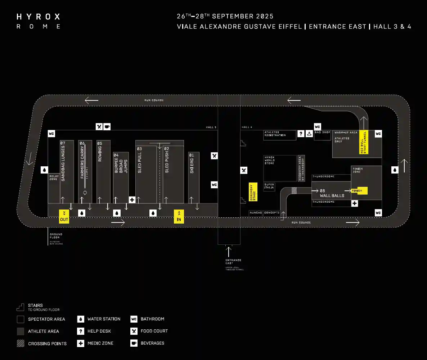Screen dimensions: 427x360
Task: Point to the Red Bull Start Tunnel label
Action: (364, 143)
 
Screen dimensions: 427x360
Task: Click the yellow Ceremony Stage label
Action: (253, 192)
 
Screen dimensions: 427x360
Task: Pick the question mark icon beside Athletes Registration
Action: (301, 135)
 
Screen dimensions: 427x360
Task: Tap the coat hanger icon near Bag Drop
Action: (309, 135)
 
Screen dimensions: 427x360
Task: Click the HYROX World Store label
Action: (270, 161)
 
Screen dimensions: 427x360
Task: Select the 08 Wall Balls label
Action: (332, 193)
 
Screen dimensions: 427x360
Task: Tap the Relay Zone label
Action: (53, 177)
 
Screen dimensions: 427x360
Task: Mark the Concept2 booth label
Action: (272, 213)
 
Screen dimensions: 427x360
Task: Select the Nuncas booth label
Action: (256, 213)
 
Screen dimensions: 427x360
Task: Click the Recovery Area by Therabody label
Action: (301, 168)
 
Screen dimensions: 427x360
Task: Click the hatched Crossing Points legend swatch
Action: (21, 343)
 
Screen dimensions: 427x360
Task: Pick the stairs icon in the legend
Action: (21, 307)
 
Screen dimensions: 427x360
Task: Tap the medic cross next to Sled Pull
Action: (132, 200)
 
